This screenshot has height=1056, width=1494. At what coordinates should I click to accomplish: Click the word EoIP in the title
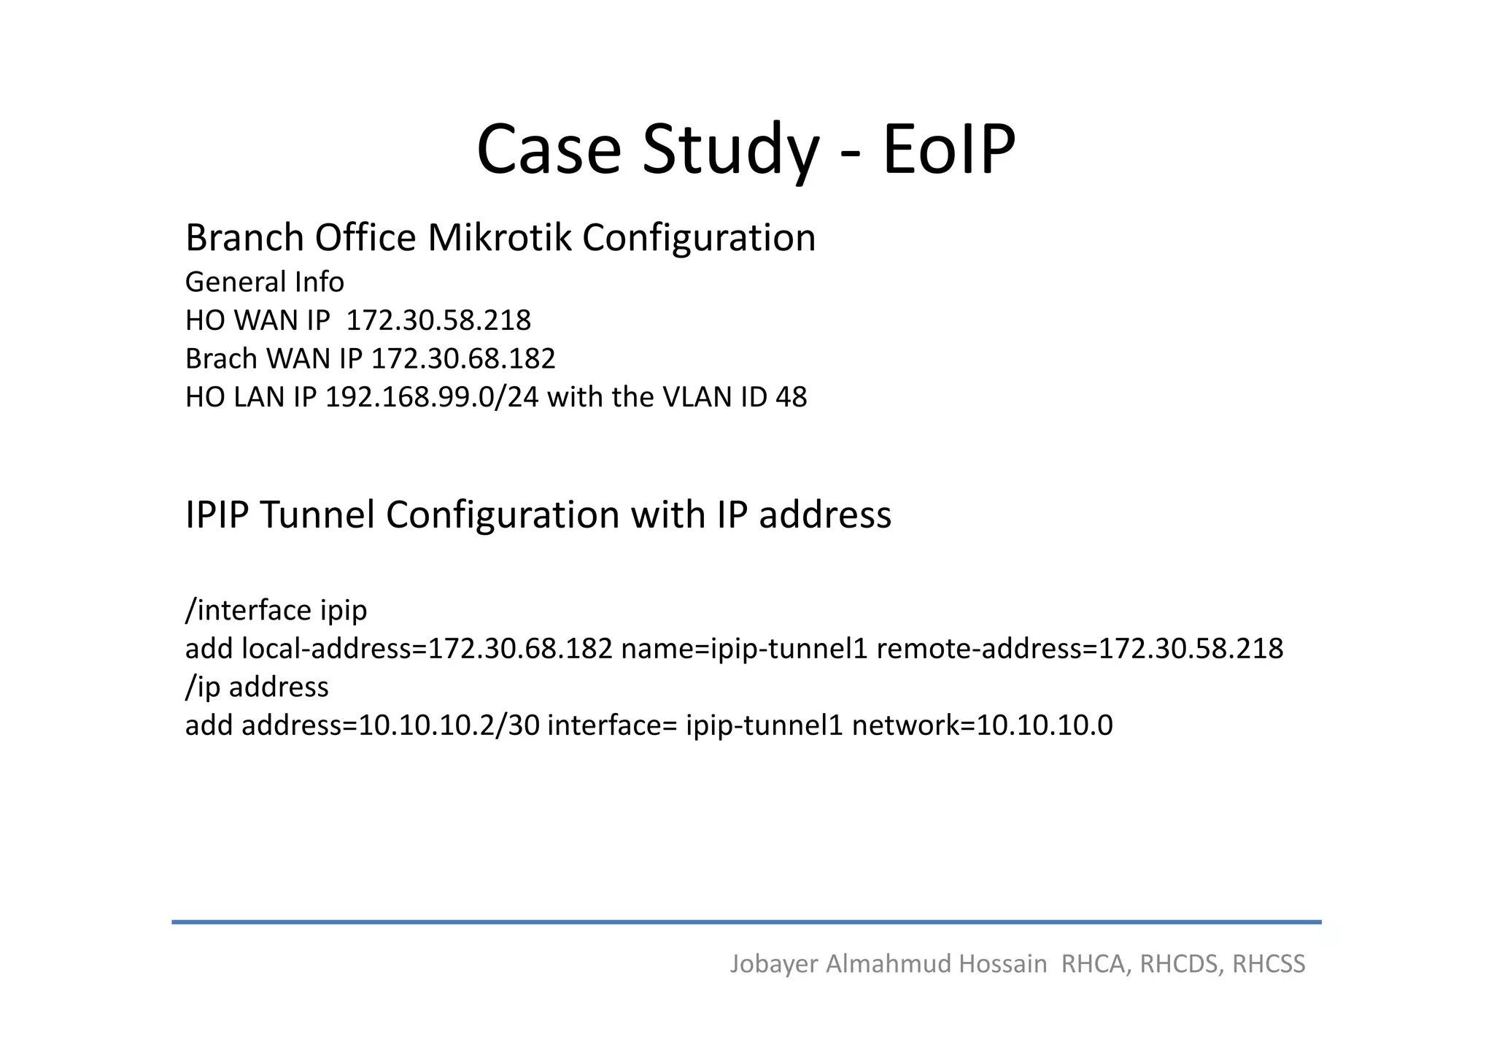(948, 150)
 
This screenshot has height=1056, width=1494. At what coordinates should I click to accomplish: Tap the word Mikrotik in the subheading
(499, 238)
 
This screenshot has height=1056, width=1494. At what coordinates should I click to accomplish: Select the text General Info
(264, 282)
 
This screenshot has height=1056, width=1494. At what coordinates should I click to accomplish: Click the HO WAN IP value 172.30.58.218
(438, 320)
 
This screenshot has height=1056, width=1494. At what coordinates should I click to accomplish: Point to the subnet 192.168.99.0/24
(431, 397)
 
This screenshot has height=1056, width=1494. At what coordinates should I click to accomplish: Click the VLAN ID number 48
(791, 397)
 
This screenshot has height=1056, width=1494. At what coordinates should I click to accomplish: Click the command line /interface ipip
(276, 610)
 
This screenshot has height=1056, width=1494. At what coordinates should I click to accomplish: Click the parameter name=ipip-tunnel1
(744, 649)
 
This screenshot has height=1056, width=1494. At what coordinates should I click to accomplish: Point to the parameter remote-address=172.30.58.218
(1080, 649)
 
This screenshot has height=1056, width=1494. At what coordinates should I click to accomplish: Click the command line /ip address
(257, 687)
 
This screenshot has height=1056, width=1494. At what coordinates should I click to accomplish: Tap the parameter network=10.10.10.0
(982, 725)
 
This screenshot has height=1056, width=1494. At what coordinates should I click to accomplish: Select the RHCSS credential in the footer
(1268, 964)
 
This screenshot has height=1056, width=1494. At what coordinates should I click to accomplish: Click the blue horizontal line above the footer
(746, 922)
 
